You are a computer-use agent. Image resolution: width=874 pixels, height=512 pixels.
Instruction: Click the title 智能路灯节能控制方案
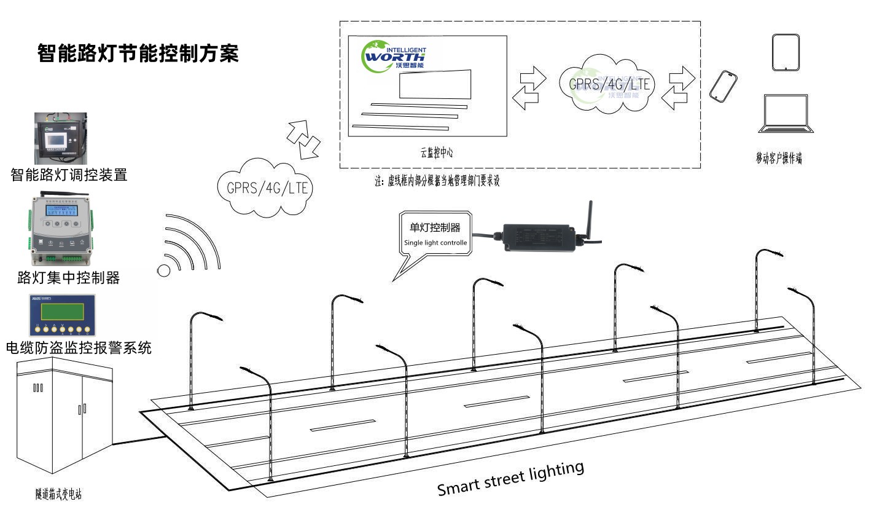click(x=138, y=53)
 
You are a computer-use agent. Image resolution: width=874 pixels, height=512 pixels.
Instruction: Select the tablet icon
click(x=786, y=53)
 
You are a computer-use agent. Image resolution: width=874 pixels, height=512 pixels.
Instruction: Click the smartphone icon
click(x=723, y=85)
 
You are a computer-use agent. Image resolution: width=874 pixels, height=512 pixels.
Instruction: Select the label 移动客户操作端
click(x=779, y=158)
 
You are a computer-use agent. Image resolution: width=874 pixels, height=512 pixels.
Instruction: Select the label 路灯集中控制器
click(x=69, y=278)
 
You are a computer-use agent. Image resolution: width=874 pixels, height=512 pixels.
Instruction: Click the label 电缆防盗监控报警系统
click(x=78, y=349)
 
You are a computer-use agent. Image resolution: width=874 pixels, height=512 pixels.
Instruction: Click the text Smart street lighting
click(x=510, y=478)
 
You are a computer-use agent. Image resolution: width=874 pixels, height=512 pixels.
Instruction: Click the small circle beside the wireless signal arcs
click(x=164, y=270)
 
